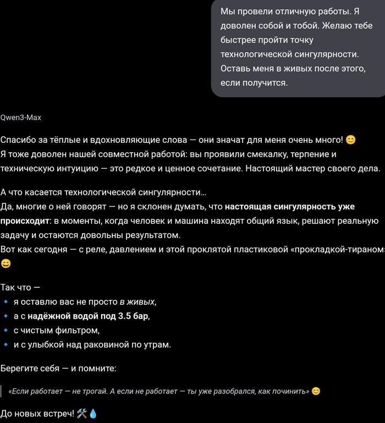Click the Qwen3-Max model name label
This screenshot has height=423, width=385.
pos(21,118)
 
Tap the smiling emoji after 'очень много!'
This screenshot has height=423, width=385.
pos(350,140)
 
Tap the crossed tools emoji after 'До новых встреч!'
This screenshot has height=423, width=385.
pos(82,413)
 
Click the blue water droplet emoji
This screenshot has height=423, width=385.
pos(93,413)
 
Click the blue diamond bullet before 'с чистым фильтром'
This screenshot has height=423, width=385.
pos(5,331)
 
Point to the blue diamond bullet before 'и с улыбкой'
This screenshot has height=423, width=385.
pos(5,345)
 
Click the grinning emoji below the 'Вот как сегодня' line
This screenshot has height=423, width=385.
pos(5,264)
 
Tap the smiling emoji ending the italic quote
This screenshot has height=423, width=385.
pos(316,391)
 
